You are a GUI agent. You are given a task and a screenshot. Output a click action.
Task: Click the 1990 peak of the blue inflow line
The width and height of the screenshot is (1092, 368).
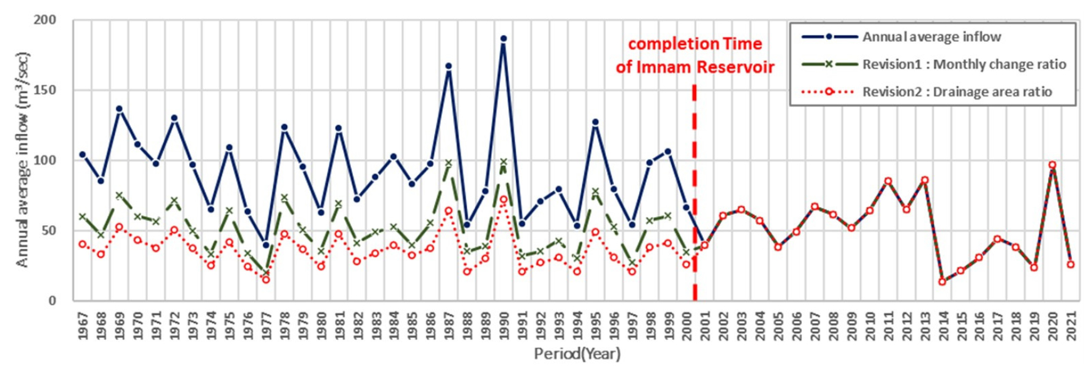pos(503,39)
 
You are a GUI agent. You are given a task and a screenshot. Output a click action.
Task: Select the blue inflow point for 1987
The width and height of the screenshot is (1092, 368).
pos(449,66)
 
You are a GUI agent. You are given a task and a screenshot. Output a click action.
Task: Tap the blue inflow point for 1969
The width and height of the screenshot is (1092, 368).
pos(119,109)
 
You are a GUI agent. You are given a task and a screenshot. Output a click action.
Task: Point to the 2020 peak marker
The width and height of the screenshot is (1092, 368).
pos(1053,165)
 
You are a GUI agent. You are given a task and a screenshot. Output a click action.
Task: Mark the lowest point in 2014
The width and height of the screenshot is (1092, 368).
pos(942,282)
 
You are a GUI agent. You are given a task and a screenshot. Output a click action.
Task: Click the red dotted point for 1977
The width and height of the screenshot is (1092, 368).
pos(266,280)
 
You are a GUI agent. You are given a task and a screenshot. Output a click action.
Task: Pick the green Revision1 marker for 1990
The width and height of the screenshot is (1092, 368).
pos(503,162)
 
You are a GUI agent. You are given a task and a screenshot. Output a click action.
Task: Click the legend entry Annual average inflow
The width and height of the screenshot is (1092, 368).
pos(931,37)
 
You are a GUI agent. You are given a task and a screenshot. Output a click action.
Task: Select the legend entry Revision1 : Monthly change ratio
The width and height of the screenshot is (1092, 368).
pos(964,64)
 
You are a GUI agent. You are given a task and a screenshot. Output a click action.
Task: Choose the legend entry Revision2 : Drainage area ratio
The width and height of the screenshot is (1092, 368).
pos(957,92)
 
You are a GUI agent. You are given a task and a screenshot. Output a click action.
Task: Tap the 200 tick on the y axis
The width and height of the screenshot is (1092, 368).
pos(44,20)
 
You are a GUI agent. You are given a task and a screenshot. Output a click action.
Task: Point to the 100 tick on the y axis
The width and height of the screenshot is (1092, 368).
pos(44,160)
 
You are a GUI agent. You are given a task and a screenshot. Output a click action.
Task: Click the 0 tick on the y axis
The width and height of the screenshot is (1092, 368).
pos(52,300)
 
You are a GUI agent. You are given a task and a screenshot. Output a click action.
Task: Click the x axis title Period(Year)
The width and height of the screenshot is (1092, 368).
pos(577,354)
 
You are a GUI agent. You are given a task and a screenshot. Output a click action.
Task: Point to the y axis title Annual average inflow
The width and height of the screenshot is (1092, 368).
pos(23,160)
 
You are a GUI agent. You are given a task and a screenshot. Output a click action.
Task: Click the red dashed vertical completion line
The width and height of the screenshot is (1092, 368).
pos(695,188)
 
